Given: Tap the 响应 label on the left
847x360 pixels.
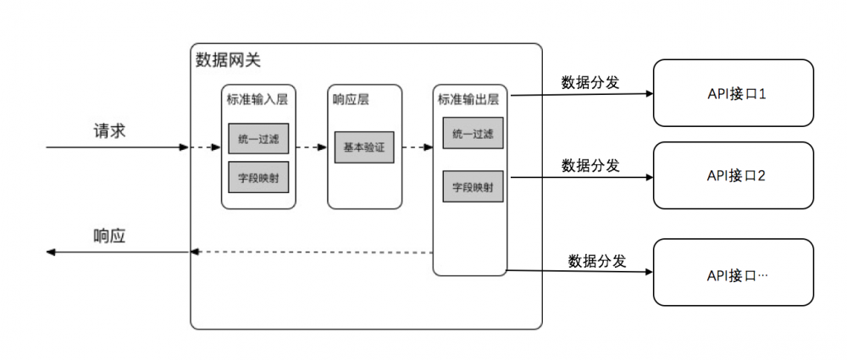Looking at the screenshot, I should (x=110, y=236).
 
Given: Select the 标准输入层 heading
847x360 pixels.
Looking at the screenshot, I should (x=259, y=99).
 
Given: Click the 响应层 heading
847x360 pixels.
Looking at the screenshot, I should (x=352, y=99).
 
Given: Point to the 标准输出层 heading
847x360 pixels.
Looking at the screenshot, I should (x=468, y=99).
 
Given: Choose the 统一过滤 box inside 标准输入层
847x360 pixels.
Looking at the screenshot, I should (x=259, y=138).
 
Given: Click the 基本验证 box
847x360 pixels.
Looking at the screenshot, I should (x=364, y=147).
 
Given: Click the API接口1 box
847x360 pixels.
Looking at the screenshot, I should (x=734, y=94).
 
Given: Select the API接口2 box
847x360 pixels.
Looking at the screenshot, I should (x=734, y=175).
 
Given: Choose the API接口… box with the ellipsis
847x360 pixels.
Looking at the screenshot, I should (x=734, y=275).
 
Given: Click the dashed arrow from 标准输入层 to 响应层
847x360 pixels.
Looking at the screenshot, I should (x=312, y=147).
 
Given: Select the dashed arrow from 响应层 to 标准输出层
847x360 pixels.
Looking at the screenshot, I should (x=417, y=147).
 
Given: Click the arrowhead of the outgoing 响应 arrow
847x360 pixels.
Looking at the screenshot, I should (x=51, y=252).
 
